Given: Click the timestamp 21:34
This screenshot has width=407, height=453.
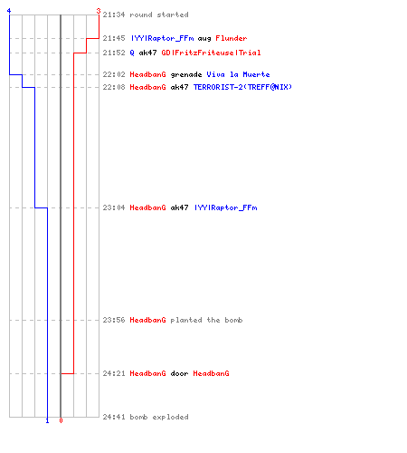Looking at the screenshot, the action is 114,14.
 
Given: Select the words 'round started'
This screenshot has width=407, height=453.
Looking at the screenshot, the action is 159,14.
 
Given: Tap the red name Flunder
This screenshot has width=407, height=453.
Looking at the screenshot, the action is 232,38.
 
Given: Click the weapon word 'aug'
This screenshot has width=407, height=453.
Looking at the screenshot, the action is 204,39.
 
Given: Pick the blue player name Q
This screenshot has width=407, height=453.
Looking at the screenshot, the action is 132,53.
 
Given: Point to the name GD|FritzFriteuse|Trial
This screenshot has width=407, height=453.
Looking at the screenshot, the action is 211,53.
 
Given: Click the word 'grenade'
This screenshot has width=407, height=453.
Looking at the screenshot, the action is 186,75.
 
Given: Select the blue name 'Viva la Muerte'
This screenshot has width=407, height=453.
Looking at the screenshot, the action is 238,74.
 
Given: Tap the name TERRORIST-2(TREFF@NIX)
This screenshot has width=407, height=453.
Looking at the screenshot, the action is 242,87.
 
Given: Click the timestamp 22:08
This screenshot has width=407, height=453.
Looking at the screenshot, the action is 114,87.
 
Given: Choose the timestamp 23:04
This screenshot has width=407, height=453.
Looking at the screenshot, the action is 114,207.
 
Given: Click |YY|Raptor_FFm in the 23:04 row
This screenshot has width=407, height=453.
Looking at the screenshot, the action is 226,207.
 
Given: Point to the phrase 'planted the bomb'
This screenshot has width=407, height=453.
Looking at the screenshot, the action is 206,320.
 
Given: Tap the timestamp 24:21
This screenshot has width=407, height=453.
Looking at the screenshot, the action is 114,373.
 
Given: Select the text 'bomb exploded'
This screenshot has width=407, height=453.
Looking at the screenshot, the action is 159,417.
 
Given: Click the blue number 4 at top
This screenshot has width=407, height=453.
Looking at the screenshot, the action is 9,11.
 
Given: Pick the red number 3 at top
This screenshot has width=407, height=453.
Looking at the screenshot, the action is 99,11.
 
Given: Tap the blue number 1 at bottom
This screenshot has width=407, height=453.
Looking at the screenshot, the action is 47,420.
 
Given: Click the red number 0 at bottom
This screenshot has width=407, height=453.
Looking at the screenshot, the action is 61,420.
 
